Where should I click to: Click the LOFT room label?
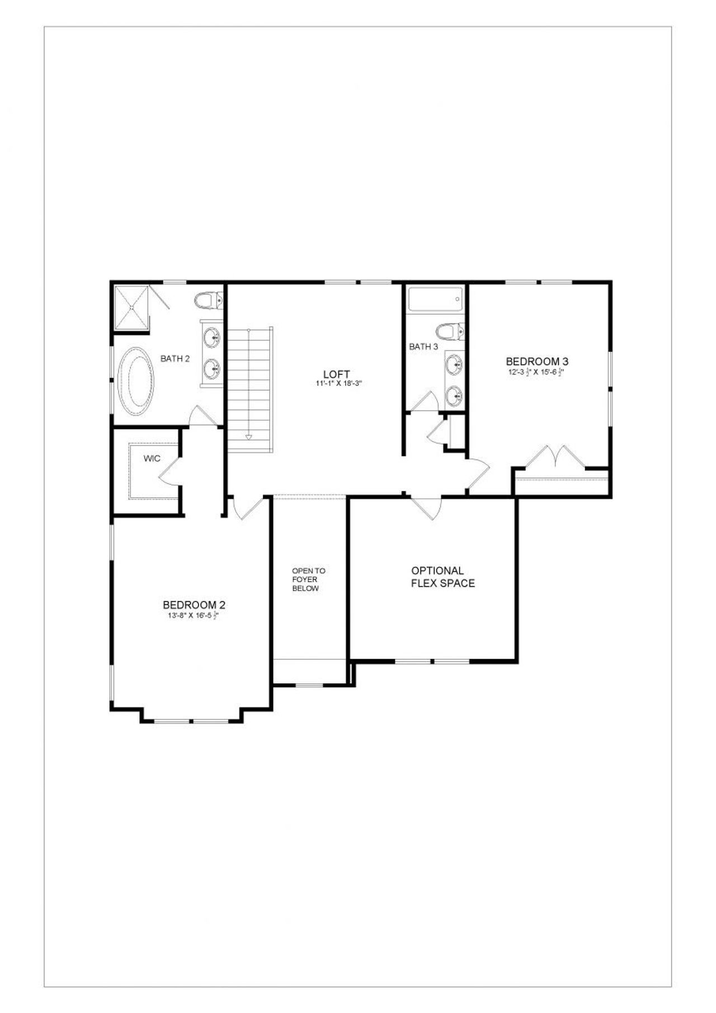tap(336, 374)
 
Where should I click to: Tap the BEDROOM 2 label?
tap(194, 605)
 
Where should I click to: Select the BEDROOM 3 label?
tap(537, 362)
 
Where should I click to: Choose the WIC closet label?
tap(152, 459)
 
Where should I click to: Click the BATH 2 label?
tap(175, 359)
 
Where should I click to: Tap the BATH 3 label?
tap(423, 347)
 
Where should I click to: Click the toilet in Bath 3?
tap(450, 331)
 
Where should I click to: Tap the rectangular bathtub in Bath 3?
tap(435, 299)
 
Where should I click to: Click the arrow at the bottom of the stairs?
tap(249, 437)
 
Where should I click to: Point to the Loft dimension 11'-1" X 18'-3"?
tap(339, 384)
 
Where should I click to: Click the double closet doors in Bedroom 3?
tap(555, 456)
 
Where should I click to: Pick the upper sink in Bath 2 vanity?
tap(212, 337)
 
